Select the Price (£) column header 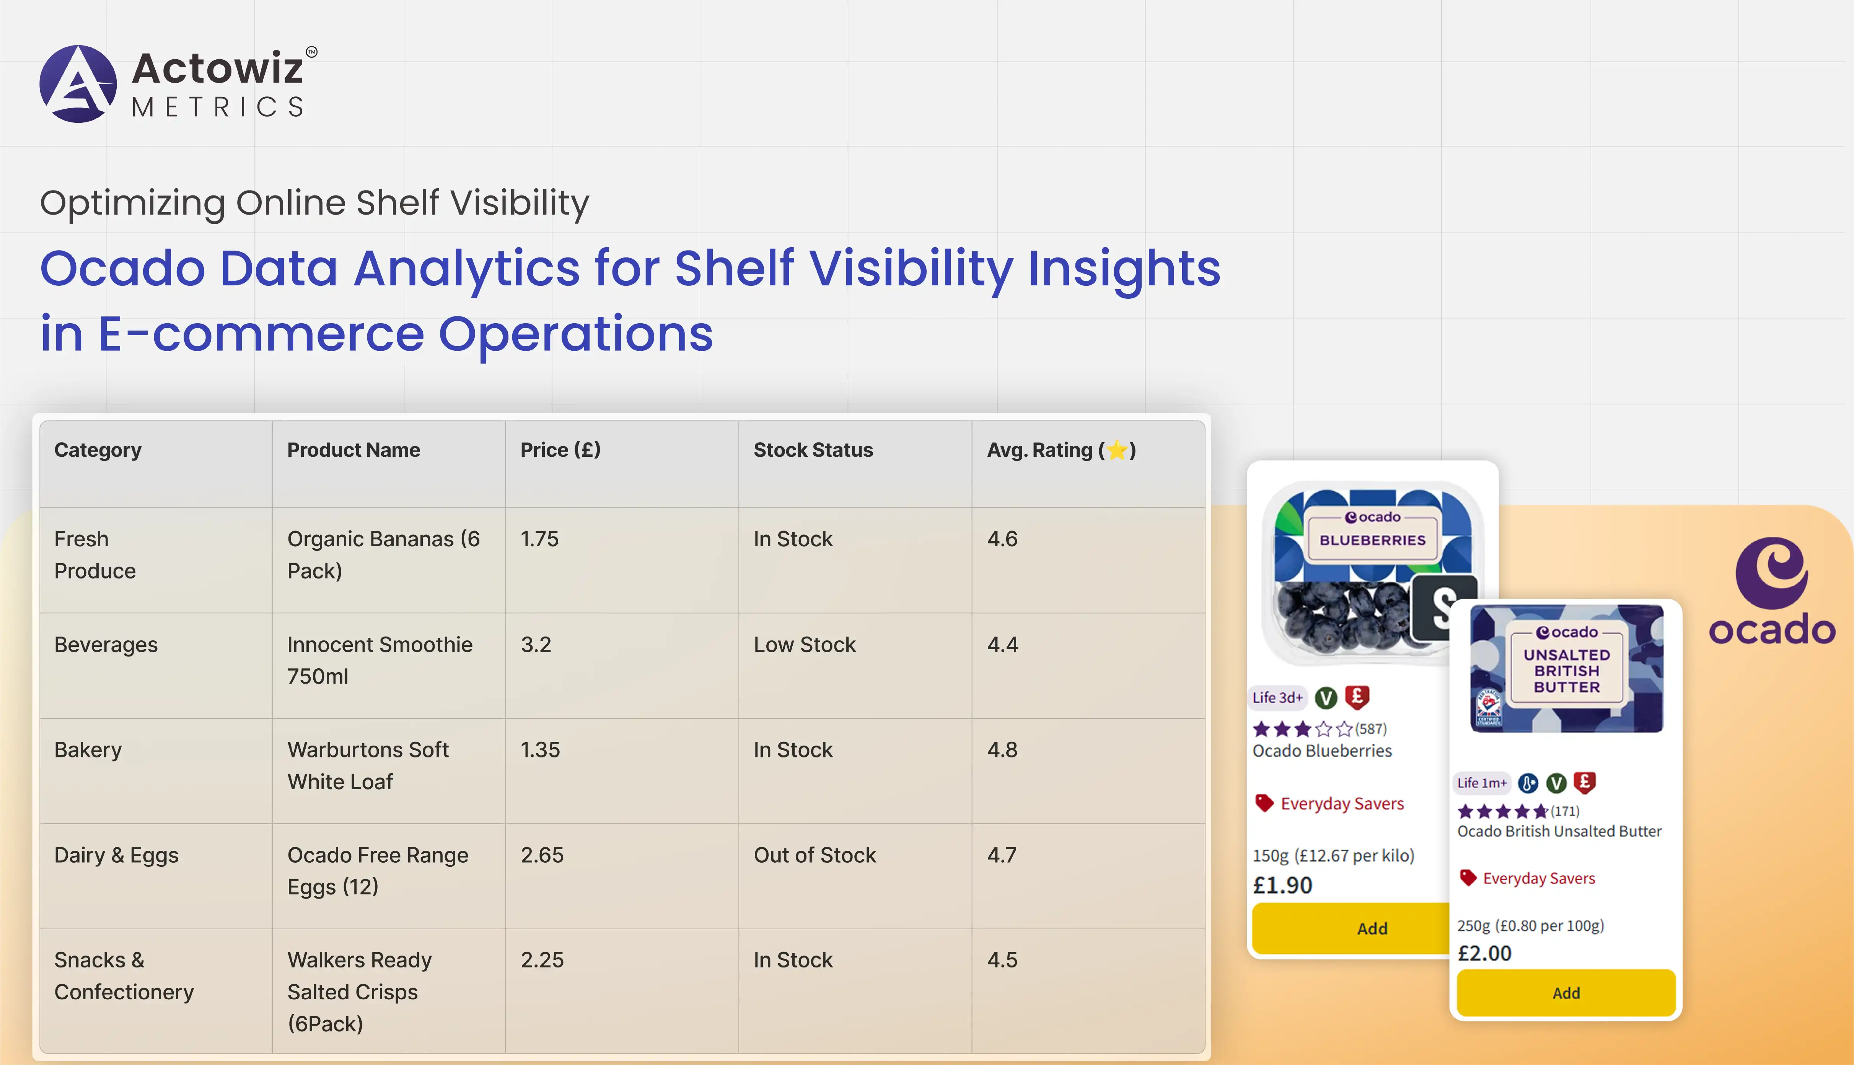[x=560, y=450]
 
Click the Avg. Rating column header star [x=1117, y=450]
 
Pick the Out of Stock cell [x=815, y=855]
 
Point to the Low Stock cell [x=805, y=645]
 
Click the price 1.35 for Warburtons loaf [x=540, y=750]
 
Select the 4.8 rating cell [x=1002, y=750]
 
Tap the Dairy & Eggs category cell [x=116, y=855]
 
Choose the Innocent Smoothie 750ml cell [x=380, y=660]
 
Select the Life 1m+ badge [x=1482, y=783]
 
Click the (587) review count [x=1370, y=728]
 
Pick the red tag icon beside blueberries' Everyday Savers [x=1264, y=803]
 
